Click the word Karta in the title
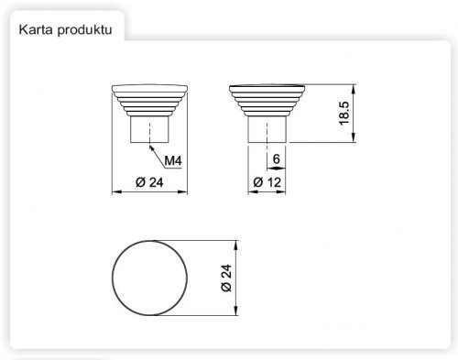[36, 30]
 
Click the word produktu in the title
[84, 30]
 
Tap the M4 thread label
[173, 160]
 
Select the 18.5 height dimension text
[344, 114]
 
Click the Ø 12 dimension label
[267, 182]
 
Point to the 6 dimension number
[276, 158]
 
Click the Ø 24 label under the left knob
[149, 182]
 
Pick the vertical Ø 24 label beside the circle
[226, 278]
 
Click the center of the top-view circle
[149, 278]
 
